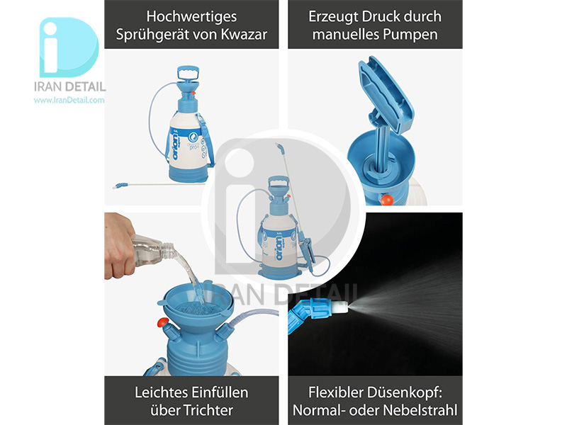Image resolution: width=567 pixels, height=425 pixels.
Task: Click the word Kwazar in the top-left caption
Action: [244, 34]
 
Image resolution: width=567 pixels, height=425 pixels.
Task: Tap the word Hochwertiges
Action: [191, 16]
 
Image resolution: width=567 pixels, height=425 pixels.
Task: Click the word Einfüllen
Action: [220, 392]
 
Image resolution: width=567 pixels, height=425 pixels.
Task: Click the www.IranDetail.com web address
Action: [69, 100]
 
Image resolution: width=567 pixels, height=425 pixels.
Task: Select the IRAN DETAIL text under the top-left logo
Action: [69, 86]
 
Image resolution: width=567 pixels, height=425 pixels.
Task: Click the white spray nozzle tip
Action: [342, 307]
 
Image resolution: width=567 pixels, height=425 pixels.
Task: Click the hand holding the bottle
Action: [118, 246]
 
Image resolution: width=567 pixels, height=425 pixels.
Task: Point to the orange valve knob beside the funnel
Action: [162, 322]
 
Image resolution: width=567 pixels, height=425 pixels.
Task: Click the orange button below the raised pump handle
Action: [386, 200]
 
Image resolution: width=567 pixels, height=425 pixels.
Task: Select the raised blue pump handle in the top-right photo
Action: [386, 95]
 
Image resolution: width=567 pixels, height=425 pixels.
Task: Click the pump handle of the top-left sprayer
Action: [188, 73]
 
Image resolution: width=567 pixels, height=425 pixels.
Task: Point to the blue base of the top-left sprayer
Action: [189, 174]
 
